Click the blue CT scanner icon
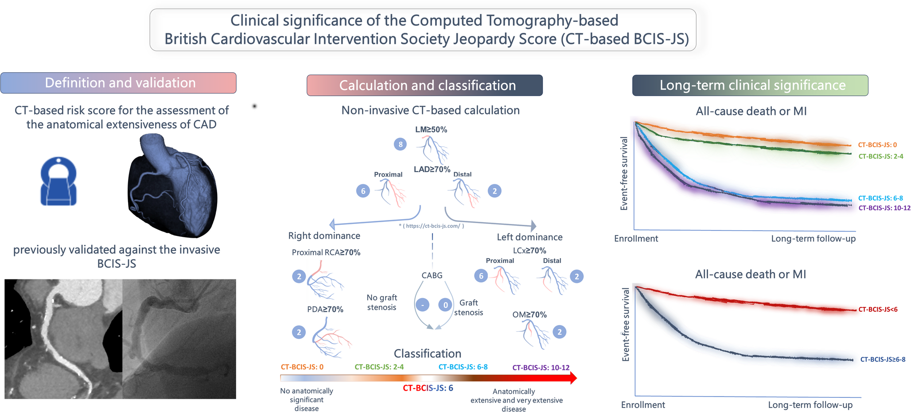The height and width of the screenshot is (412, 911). [x=58, y=181]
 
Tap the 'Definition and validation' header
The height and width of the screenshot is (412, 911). [x=118, y=83]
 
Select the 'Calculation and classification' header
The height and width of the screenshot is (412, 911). [x=424, y=85]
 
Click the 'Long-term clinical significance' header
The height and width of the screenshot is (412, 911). [x=750, y=85]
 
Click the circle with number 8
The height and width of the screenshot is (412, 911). [x=400, y=144]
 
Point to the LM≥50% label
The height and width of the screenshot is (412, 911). [x=431, y=129]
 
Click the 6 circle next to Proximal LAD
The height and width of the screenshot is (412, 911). [x=363, y=191]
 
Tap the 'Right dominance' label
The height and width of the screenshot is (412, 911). [x=324, y=236]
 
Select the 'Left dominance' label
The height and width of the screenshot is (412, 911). [x=529, y=237]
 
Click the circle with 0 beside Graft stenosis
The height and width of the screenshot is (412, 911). [x=445, y=305]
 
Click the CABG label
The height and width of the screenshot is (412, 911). [x=432, y=275]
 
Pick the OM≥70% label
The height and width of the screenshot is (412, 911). [x=529, y=315]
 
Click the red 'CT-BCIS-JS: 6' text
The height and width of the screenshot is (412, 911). [x=428, y=388]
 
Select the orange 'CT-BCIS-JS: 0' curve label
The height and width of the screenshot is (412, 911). [x=877, y=145]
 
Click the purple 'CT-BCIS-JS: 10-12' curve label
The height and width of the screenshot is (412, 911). [x=884, y=208]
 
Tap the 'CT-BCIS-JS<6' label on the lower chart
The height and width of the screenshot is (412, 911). [x=878, y=310]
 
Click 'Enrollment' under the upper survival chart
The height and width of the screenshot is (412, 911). [x=635, y=239]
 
